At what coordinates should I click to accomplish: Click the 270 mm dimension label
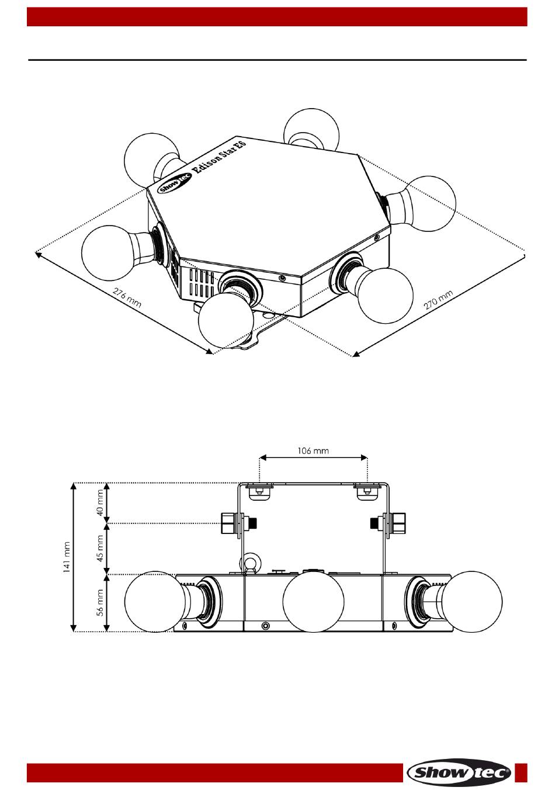pyautogui.click(x=438, y=300)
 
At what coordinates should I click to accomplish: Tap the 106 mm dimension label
pyautogui.click(x=313, y=450)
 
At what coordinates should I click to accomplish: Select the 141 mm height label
pyautogui.click(x=67, y=557)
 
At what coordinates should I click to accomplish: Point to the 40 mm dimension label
pyautogui.click(x=100, y=502)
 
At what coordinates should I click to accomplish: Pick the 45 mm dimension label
pyautogui.click(x=100, y=549)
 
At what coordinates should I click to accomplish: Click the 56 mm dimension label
pyautogui.click(x=100, y=602)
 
